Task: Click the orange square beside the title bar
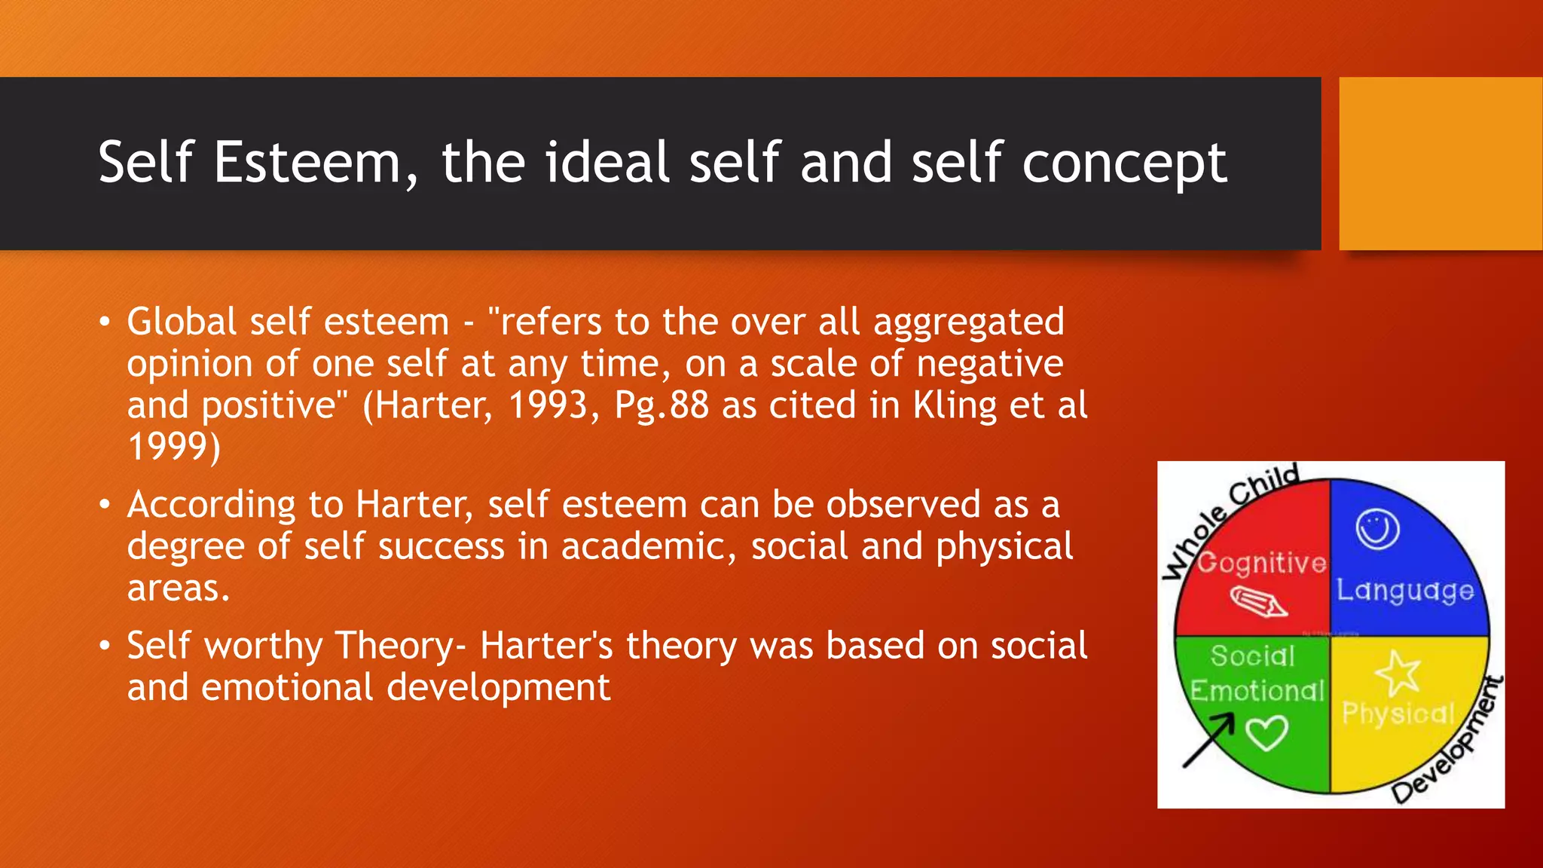tap(1441, 164)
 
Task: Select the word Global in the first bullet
tap(182, 322)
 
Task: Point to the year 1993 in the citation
tap(548, 405)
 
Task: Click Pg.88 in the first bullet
tap(662, 405)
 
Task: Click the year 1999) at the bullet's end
tap(174, 447)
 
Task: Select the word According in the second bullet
tap(211, 505)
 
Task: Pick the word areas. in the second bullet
tap(178, 588)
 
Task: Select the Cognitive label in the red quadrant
tap(1261, 563)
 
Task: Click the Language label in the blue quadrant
tap(1404, 590)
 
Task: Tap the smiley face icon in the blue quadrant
tap(1377, 530)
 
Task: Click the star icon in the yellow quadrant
tap(1398, 673)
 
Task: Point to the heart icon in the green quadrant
tap(1266, 733)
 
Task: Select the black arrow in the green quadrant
tap(1208, 740)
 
